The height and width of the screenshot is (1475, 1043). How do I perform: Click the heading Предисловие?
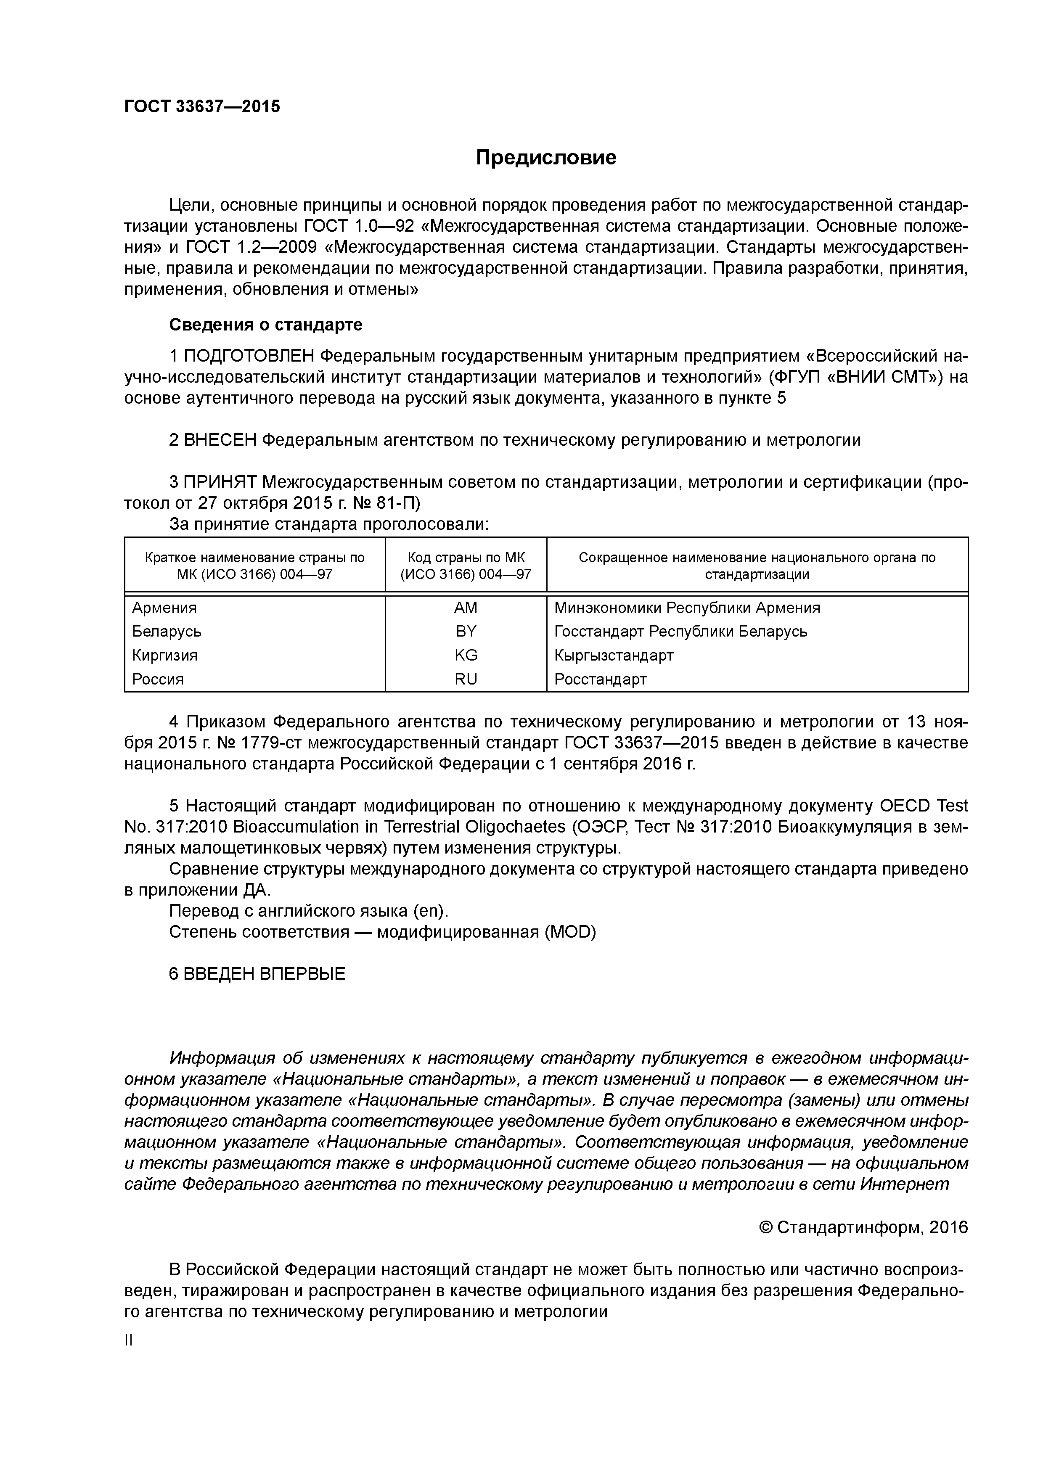tap(545, 157)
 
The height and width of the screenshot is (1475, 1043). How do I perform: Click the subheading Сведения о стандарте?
tap(265, 325)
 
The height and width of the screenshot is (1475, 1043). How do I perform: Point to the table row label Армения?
tap(164, 608)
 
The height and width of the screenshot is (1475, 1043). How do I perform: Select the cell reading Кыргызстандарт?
tap(614, 655)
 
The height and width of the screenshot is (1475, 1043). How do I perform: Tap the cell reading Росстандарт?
tap(600, 679)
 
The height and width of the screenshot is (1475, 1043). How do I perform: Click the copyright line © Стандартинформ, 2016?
tap(863, 1228)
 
